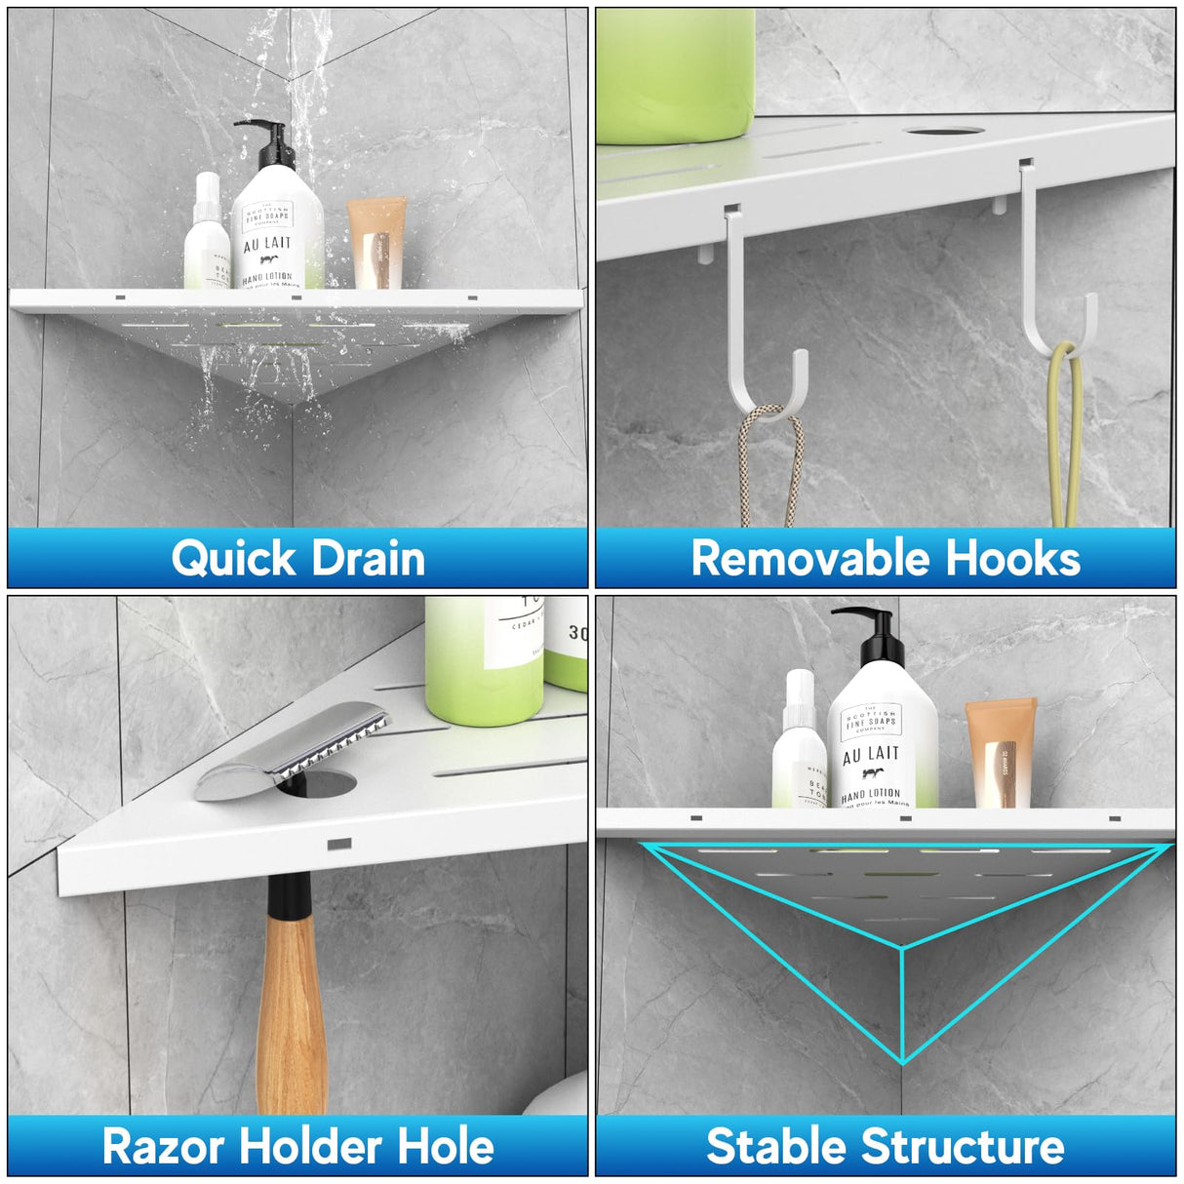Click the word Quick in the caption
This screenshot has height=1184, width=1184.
pyautogui.click(x=234, y=559)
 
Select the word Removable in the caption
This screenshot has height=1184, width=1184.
pyautogui.click(x=799, y=559)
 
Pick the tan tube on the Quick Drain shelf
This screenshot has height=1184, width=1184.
pyautogui.click(x=376, y=244)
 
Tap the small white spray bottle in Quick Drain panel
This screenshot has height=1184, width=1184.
pyautogui.click(x=207, y=234)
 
